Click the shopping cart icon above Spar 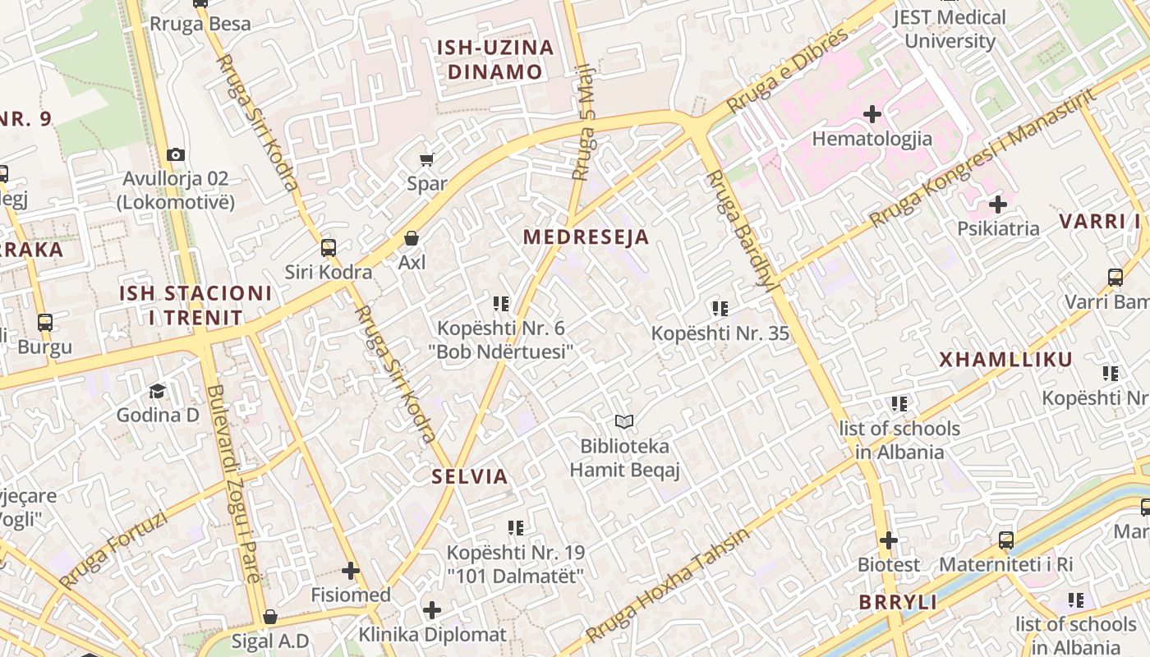(426, 159)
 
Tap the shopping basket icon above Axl (412, 238)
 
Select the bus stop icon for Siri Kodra (329, 247)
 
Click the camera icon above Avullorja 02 (175, 154)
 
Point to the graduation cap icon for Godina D (158, 391)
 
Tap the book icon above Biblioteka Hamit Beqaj (624, 422)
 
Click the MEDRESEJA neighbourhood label (586, 237)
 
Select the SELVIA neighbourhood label (470, 476)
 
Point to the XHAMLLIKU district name (1005, 360)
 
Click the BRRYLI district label (898, 602)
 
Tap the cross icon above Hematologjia (872, 113)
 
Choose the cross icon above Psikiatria (998, 204)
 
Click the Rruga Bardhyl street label (740, 231)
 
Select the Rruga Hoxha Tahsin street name (667, 586)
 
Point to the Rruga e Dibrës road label (787, 71)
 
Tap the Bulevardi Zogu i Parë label (233, 485)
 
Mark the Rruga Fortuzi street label (113, 549)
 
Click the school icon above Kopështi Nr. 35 (720, 309)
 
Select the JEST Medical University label (949, 29)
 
